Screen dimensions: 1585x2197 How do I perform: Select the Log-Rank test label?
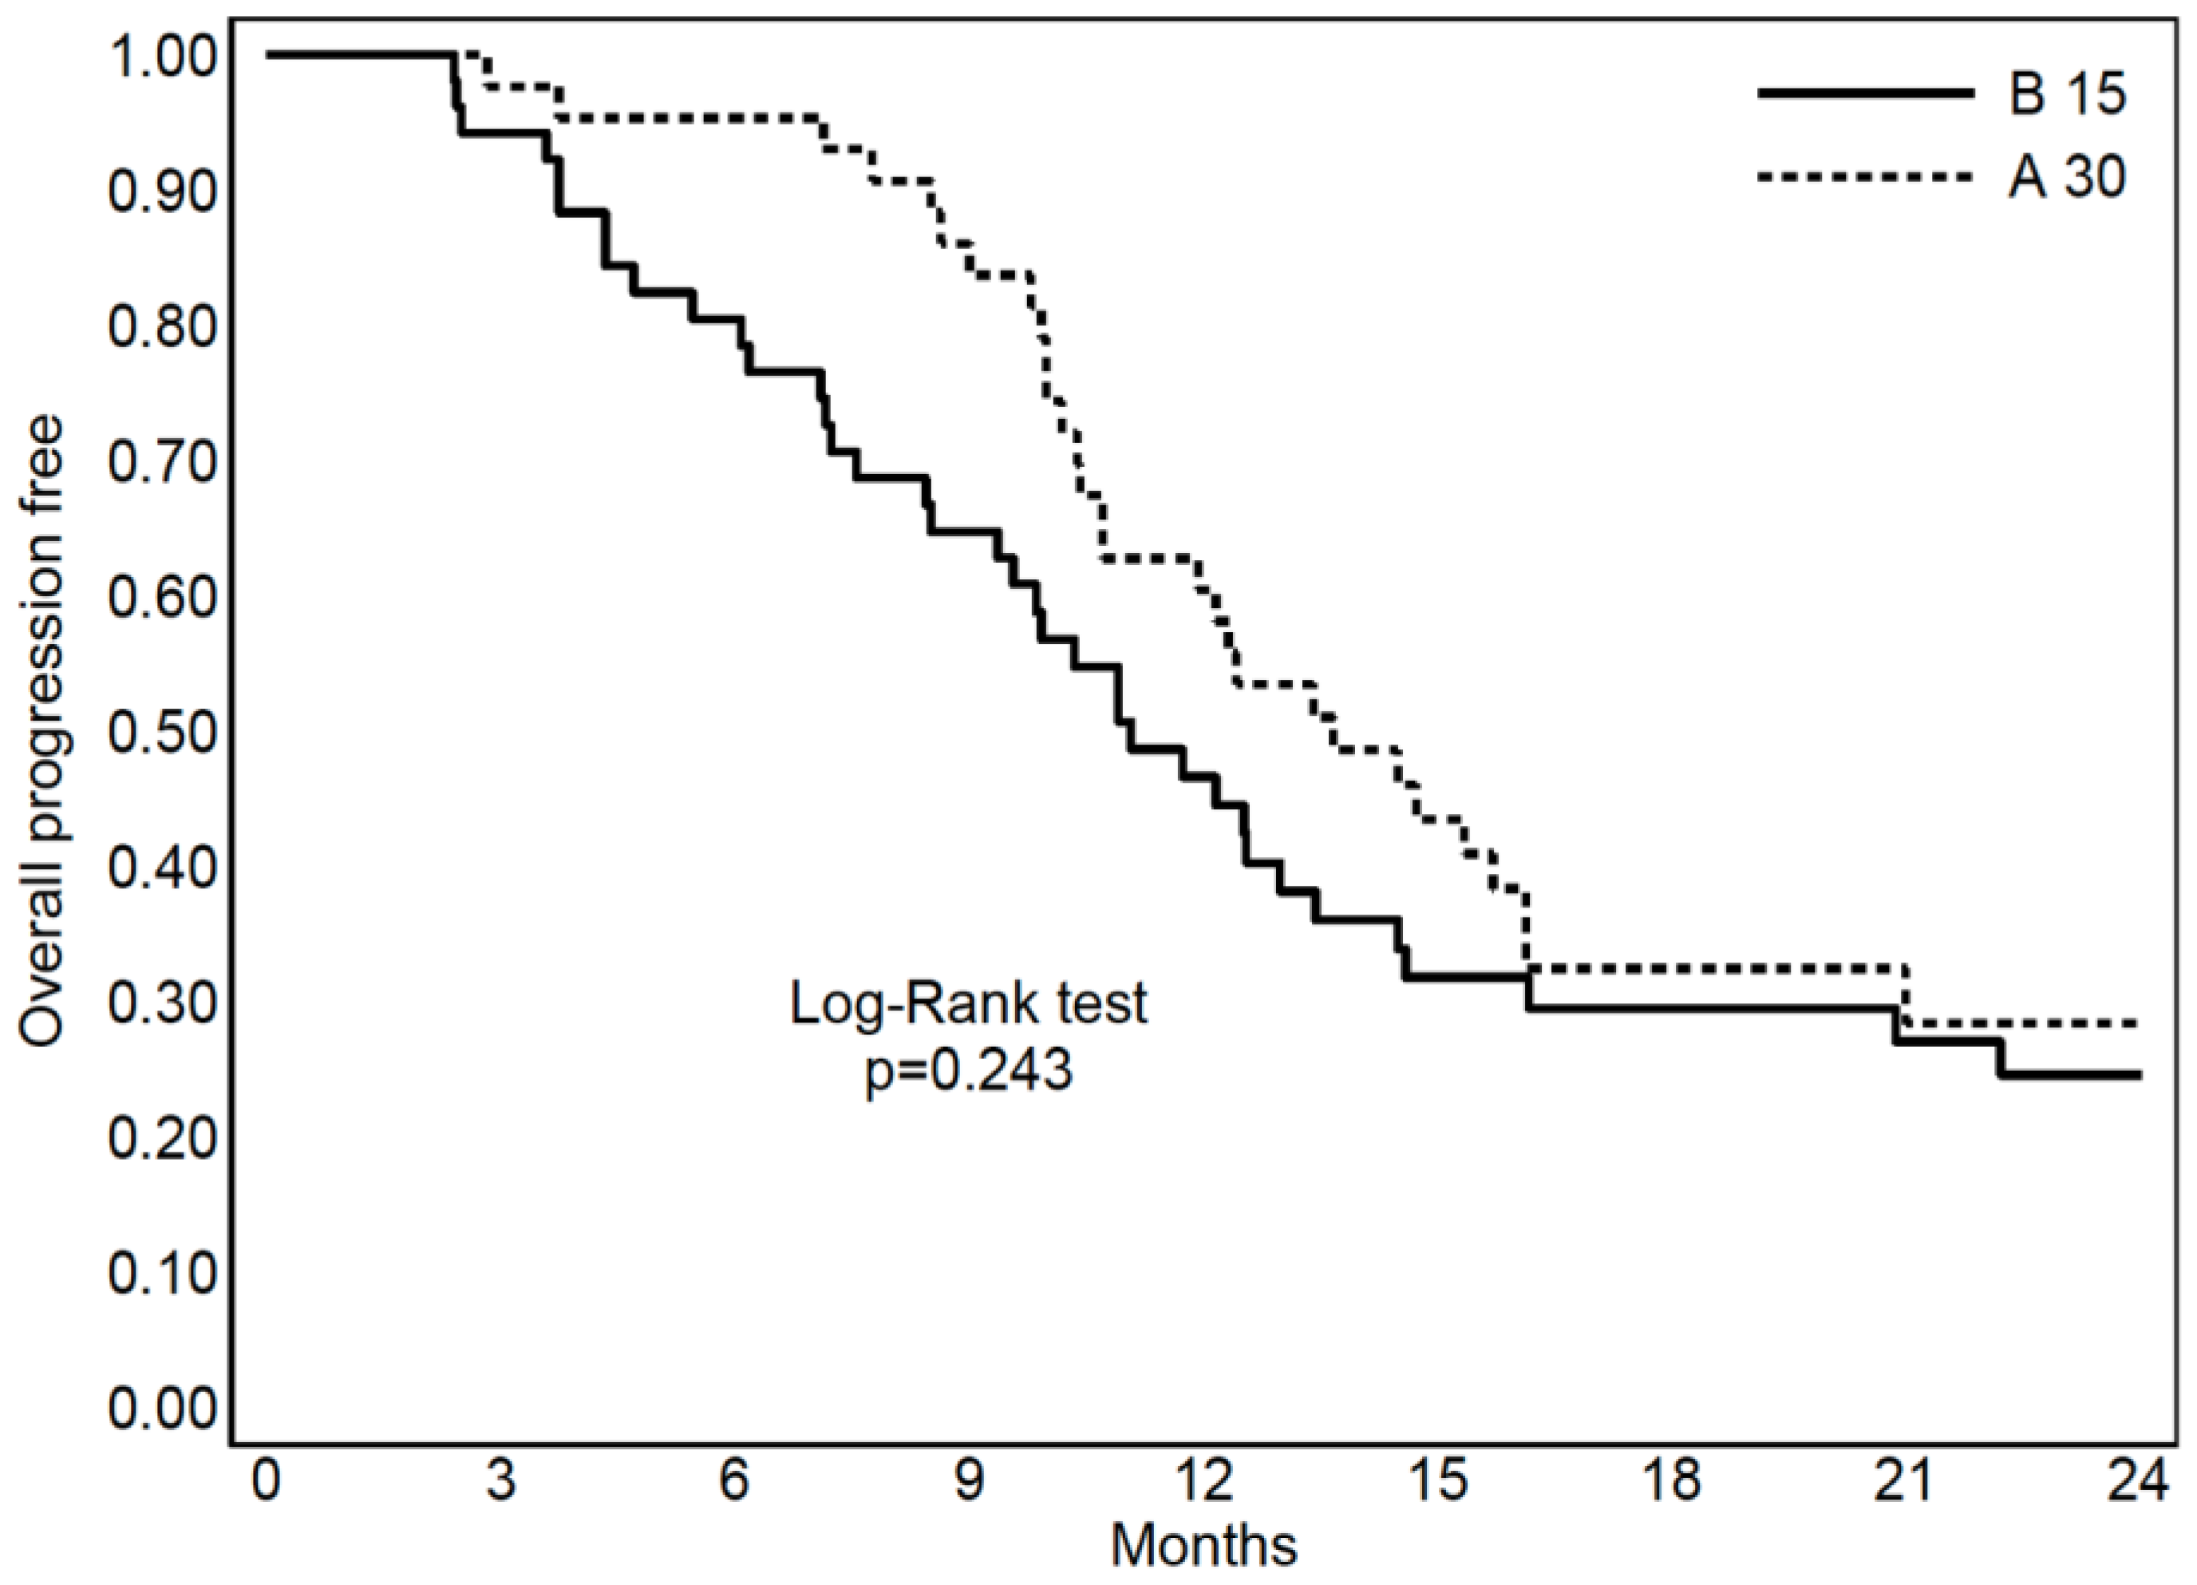[969, 1004]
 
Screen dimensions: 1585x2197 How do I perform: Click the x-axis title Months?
[1204, 1544]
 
